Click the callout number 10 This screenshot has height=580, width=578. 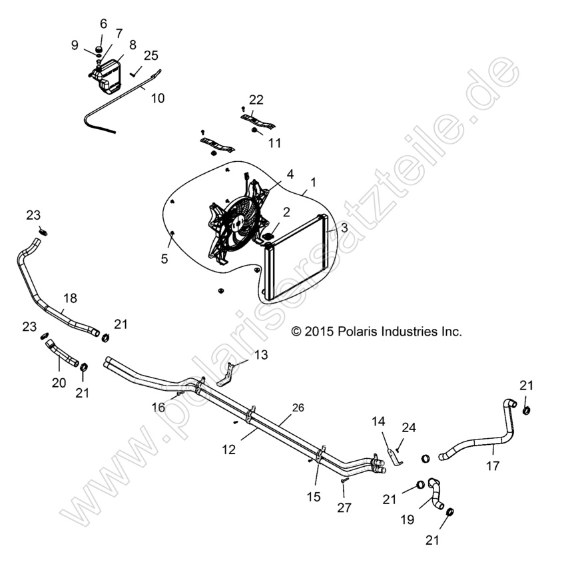[157, 98]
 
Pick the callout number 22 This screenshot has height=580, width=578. [256, 100]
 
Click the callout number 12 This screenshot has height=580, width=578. [228, 450]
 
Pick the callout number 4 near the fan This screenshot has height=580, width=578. [290, 174]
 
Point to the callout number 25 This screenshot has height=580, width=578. [150, 55]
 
